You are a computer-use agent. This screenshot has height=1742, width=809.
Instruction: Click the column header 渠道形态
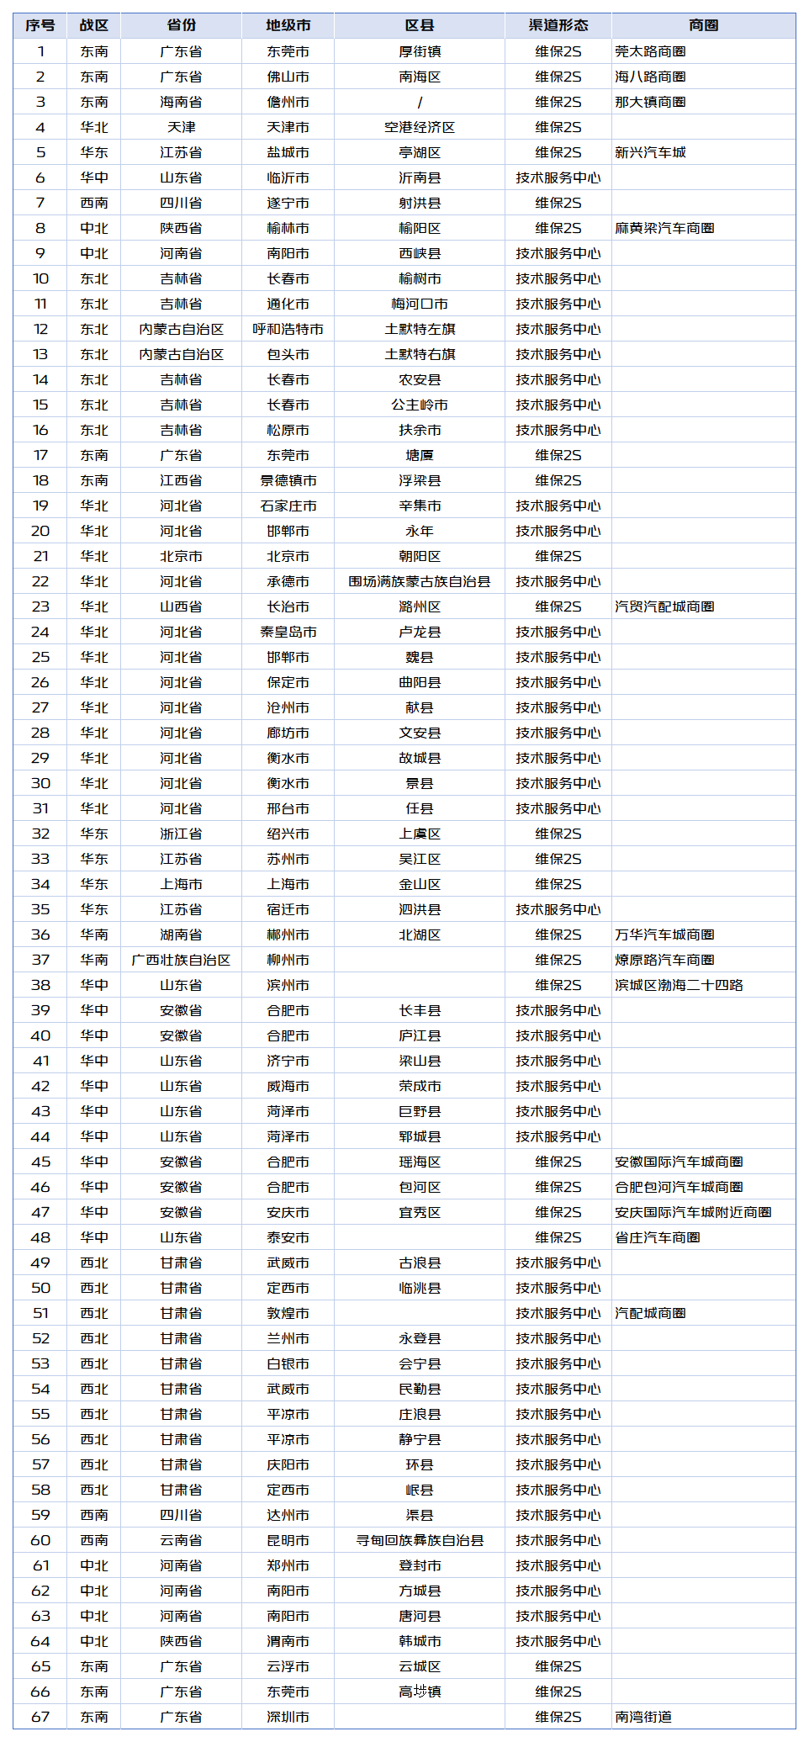tap(558, 25)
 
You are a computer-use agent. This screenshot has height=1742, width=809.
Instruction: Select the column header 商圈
tap(703, 25)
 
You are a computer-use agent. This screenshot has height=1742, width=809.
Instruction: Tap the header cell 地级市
tap(288, 25)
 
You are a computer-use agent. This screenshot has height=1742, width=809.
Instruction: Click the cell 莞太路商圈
tap(650, 51)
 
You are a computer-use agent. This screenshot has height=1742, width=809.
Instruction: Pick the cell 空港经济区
tap(419, 127)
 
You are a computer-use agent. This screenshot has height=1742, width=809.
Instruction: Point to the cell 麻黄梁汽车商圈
tap(664, 228)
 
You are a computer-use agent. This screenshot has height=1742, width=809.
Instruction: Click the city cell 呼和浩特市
tap(288, 329)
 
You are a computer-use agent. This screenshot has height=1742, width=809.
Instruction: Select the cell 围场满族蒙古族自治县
tap(419, 581)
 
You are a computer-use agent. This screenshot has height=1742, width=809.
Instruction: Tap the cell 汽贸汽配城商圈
tap(664, 606)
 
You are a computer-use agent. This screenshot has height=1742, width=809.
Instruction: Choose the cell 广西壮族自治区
tap(181, 960)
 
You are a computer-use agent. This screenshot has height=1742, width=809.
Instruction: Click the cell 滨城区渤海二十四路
tap(679, 985)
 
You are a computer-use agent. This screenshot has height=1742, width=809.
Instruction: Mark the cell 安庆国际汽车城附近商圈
tap(693, 1212)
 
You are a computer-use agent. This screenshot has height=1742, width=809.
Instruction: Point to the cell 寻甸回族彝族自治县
tap(419, 1540)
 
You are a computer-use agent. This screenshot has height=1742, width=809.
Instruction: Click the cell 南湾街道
tap(643, 1717)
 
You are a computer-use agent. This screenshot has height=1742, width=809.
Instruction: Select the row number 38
tap(40, 985)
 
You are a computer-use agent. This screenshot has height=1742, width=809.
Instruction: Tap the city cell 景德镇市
tap(288, 480)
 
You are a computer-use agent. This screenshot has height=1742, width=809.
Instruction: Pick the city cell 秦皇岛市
tap(288, 632)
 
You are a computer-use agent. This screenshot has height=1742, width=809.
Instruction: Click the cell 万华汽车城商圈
tap(664, 935)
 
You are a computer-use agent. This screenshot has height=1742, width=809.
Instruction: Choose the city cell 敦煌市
tap(288, 1313)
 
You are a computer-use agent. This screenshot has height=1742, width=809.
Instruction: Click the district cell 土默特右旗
tap(419, 354)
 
